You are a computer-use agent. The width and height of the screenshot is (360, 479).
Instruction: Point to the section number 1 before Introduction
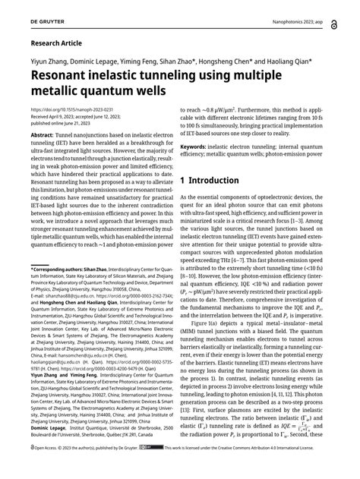coord(185,181)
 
